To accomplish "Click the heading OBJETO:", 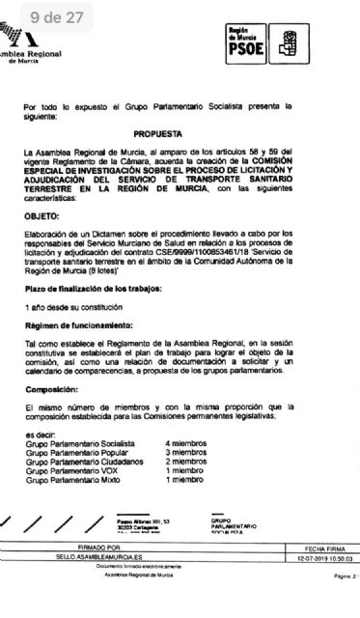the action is click(44, 216).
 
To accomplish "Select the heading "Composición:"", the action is click(52, 389).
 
